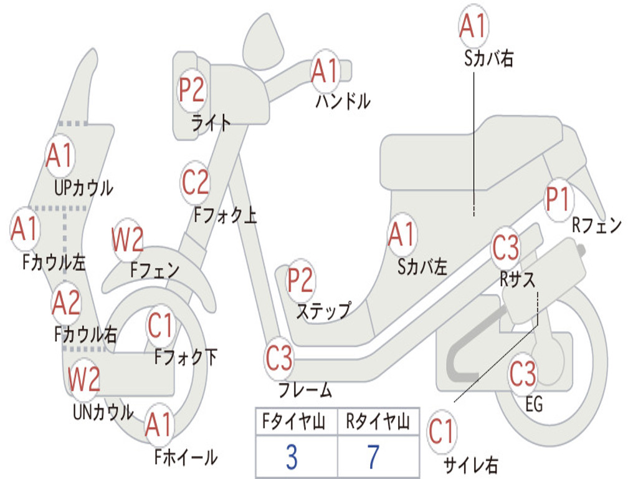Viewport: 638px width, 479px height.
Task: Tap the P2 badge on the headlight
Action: [x=191, y=90]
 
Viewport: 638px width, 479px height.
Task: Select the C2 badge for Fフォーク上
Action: [x=195, y=182]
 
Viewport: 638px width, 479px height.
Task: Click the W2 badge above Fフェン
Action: [x=127, y=239]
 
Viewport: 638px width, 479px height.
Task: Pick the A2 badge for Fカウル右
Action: [x=66, y=302]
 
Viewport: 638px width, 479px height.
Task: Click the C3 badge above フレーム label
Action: [x=279, y=358]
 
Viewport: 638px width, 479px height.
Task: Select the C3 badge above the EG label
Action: [x=523, y=374]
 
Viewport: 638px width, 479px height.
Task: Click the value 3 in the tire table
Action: [x=292, y=457]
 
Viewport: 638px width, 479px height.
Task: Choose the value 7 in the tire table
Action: [x=374, y=457]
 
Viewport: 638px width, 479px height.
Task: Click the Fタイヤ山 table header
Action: [x=294, y=422]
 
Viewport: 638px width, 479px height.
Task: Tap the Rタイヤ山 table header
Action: [x=378, y=422]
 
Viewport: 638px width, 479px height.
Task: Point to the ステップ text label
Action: [x=323, y=312]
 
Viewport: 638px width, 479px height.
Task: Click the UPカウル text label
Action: [x=83, y=188]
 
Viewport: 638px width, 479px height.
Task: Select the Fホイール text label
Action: [x=186, y=457]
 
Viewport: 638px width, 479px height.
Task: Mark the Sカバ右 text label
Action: [x=488, y=58]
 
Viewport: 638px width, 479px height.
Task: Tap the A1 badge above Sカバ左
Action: [x=402, y=235]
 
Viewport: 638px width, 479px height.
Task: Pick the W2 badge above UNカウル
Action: [x=84, y=379]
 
